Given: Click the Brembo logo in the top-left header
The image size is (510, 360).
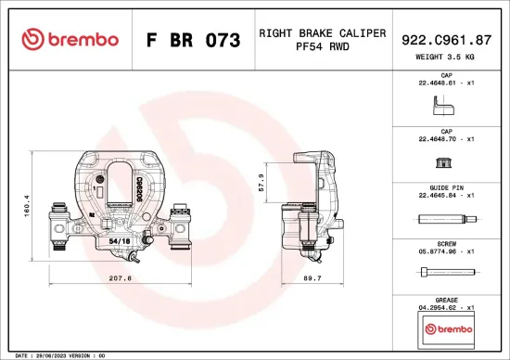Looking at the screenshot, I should tap(70, 40).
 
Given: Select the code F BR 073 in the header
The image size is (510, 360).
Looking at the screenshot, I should tap(193, 41).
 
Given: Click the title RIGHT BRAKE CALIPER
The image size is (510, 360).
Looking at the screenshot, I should tap(322, 32).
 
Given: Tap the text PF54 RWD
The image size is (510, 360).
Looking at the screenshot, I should tap(322, 46).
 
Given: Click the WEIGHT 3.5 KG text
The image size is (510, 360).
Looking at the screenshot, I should tap(447, 56).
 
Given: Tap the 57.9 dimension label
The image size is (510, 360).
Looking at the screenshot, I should tap(262, 182).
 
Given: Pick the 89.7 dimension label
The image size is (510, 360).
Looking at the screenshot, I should tap(312, 277).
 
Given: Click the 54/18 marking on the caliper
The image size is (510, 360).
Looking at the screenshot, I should tap(120, 240).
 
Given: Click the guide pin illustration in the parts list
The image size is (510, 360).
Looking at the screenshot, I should tap(447, 220).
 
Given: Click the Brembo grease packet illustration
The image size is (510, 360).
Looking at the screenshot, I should tap(447, 329).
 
